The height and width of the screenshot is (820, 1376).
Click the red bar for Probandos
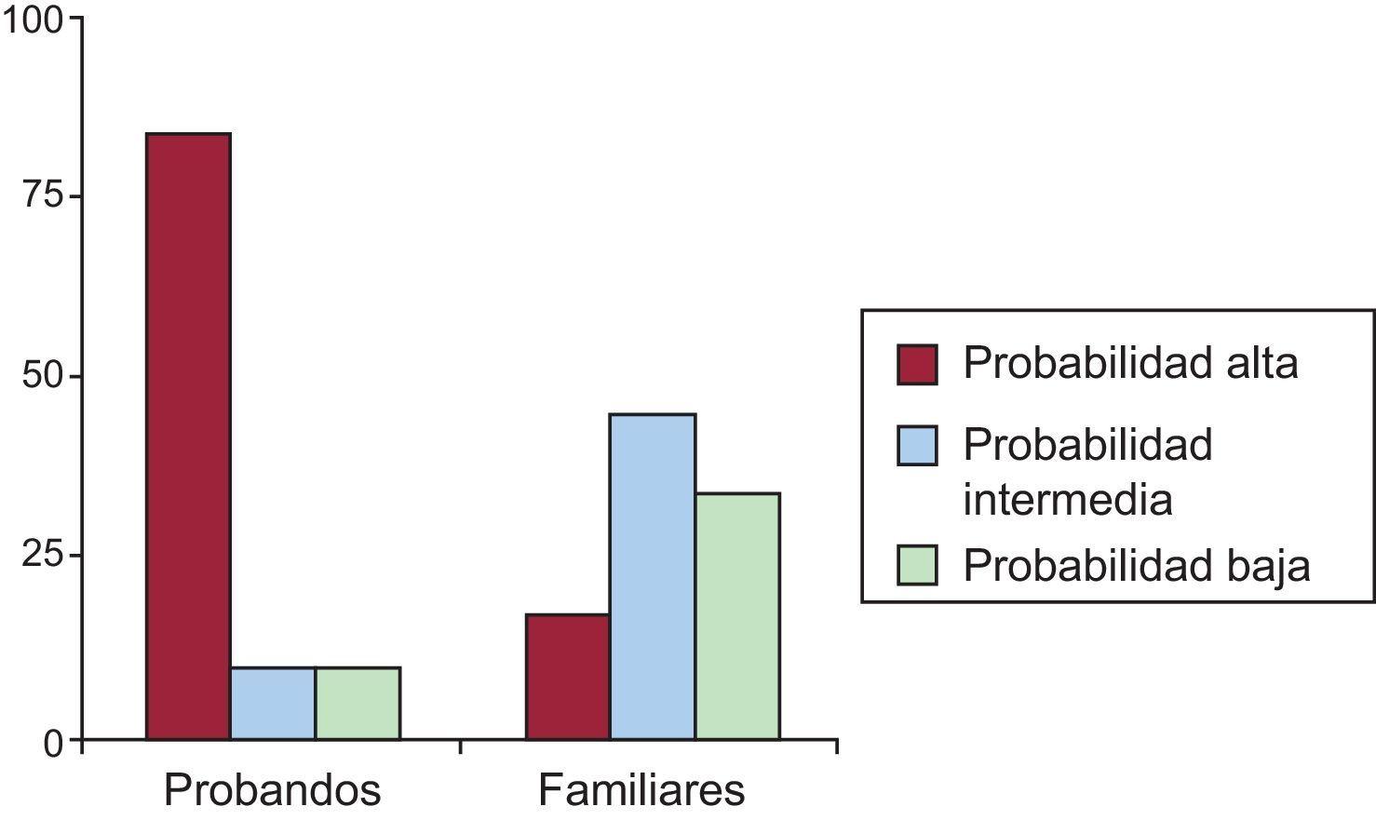click(188, 437)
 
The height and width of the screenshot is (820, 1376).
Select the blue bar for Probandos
click(273, 704)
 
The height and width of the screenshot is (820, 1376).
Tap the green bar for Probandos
click(357, 704)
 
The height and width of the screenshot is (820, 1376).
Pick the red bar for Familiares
click(568, 677)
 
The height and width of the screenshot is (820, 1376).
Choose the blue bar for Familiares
click(653, 577)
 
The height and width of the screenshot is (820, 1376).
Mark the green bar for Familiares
click(737, 616)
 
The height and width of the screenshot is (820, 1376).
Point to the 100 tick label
click(33, 20)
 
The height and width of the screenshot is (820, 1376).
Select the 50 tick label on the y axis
click(43, 377)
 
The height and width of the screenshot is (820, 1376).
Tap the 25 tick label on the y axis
click(43, 556)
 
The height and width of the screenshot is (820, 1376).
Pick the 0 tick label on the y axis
click(53, 743)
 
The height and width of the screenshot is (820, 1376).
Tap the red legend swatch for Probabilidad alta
click(917, 364)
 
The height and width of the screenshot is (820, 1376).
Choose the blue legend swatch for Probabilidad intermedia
click(917, 445)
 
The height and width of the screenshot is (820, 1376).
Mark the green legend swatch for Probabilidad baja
click(917, 565)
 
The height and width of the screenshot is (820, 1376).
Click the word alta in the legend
click(1261, 363)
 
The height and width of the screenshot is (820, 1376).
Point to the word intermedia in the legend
click(1067, 500)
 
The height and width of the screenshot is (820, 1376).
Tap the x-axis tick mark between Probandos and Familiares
click(461, 746)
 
